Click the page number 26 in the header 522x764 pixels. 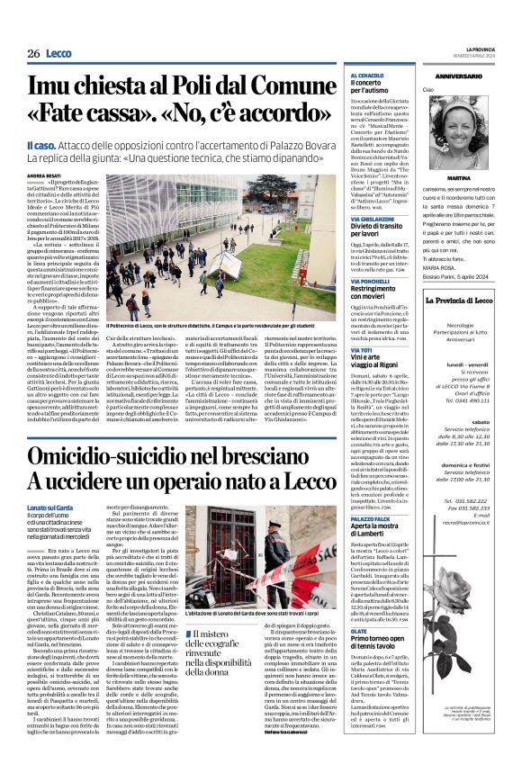[x=33, y=54]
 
